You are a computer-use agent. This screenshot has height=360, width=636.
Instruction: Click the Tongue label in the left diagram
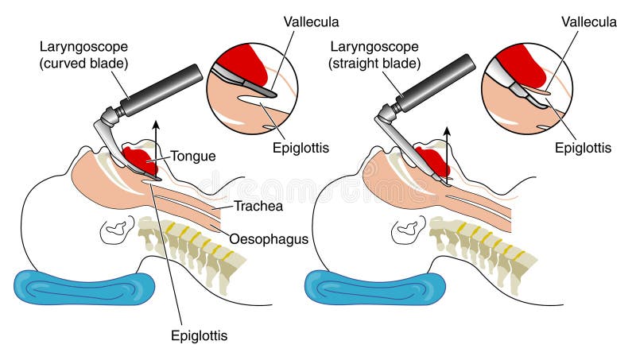(x=193, y=157)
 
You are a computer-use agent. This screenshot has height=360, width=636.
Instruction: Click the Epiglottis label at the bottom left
(x=199, y=335)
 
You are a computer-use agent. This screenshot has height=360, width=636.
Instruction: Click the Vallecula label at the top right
(x=588, y=23)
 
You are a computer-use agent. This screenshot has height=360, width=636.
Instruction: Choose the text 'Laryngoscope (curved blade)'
(x=83, y=53)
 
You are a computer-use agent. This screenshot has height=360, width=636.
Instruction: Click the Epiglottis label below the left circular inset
(x=301, y=148)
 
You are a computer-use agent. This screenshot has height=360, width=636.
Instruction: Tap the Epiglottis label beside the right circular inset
(x=584, y=148)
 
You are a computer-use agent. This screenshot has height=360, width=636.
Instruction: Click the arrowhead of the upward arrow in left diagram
(x=157, y=125)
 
